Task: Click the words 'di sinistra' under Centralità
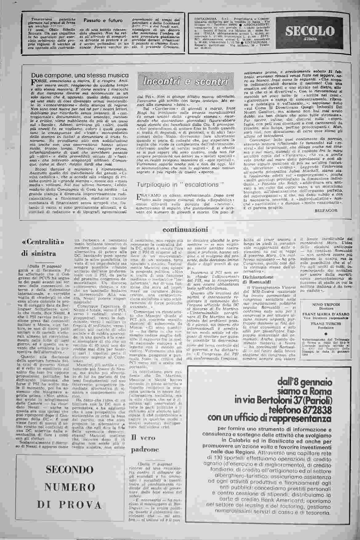click(38, 254)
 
